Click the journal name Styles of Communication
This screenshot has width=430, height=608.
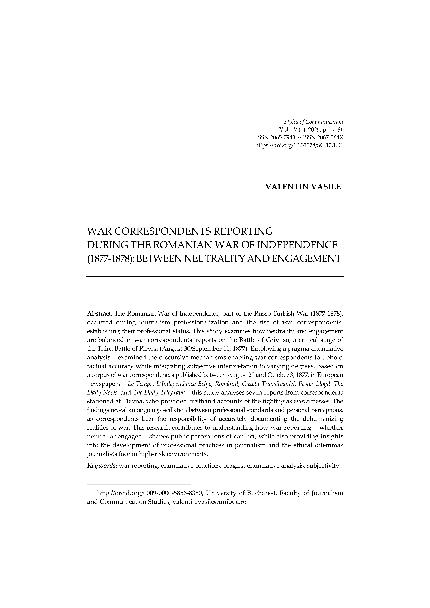pos(313,122)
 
